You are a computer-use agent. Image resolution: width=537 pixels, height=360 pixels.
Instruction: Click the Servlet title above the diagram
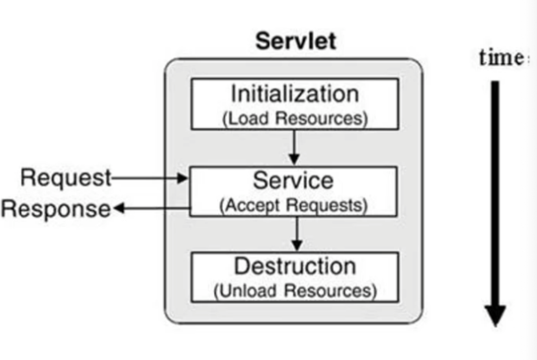click(x=296, y=41)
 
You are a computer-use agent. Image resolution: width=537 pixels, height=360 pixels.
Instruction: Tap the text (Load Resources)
click(x=295, y=118)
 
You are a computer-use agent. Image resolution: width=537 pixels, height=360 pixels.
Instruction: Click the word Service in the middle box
click(x=293, y=180)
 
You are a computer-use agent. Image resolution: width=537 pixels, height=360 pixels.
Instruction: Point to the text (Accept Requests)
click(x=293, y=205)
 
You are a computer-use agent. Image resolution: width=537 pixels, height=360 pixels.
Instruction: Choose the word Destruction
click(x=295, y=266)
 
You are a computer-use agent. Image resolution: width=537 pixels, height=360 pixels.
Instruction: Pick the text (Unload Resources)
click(x=295, y=291)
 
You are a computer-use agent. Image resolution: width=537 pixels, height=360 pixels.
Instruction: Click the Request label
click(x=66, y=177)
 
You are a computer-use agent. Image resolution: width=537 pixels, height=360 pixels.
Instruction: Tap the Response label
click(x=56, y=208)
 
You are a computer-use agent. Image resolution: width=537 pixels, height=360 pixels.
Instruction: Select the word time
click(x=501, y=58)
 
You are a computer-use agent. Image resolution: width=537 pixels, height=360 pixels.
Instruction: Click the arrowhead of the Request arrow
click(x=183, y=178)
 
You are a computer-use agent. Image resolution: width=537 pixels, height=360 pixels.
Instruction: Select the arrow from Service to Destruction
click(x=297, y=233)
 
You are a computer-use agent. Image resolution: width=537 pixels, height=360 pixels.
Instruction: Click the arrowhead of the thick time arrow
click(x=495, y=315)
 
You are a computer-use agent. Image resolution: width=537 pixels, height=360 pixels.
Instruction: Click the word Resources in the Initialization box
click(x=321, y=118)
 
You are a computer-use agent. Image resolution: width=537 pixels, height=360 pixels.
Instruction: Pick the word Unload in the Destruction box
click(x=247, y=291)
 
